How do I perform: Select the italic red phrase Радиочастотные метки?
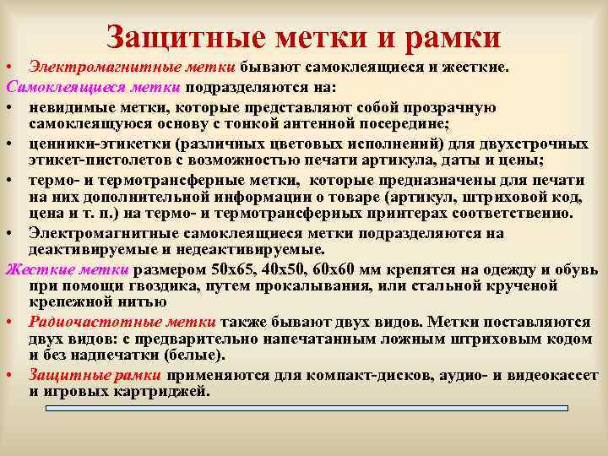[122, 322]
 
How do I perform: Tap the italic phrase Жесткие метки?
[68, 269]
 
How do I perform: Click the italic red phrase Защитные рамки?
[96, 375]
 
